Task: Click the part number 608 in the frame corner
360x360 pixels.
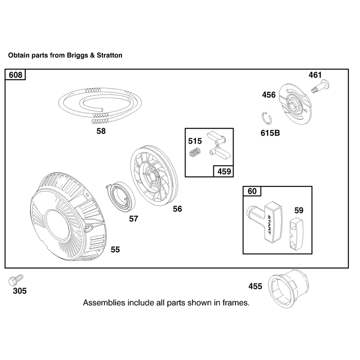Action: pyautogui.click(x=16, y=75)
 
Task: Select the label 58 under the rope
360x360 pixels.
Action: pyautogui.click(x=101, y=131)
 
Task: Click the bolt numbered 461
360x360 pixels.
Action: pyautogui.click(x=320, y=86)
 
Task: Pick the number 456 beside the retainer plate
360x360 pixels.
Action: pyautogui.click(x=269, y=95)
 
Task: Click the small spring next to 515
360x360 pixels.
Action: pyautogui.click(x=195, y=152)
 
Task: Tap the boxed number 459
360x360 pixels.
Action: pyautogui.click(x=224, y=171)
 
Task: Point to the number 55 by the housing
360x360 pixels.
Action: pyautogui.click(x=115, y=250)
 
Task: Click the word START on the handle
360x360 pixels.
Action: pyautogui.click(x=270, y=225)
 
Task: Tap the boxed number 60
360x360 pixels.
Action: pyautogui.click(x=252, y=191)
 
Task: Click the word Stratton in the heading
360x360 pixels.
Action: pyautogui.click(x=109, y=55)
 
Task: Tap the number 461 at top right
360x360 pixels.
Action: pyautogui.click(x=315, y=75)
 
